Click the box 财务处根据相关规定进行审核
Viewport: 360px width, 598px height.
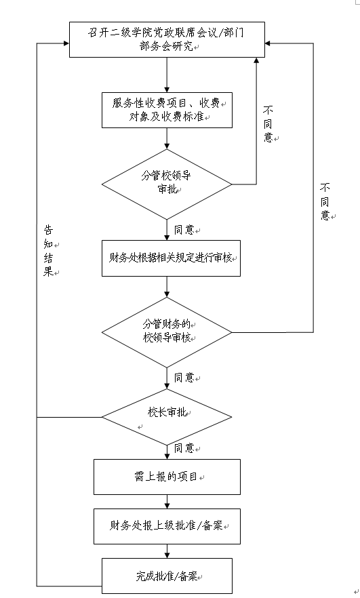(171, 258)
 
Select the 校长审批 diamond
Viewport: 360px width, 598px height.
(167, 415)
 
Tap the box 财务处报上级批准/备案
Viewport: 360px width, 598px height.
(167, 525)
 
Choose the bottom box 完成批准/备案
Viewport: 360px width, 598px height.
(167, 576)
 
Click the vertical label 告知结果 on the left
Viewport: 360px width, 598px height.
(47, 250)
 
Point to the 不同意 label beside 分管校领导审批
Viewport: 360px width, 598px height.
(268, 123)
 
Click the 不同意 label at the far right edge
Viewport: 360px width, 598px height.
(326, 201)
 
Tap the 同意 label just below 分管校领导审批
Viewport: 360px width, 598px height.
(184, 230)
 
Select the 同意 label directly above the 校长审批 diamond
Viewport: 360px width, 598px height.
(184, 377)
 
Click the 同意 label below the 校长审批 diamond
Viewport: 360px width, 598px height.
(184, 448)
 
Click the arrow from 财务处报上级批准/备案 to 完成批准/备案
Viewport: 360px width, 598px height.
(167, 551)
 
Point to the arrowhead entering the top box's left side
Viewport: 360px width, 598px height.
(66, 43)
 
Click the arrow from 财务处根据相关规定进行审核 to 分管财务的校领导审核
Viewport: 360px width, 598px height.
(167, 286)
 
